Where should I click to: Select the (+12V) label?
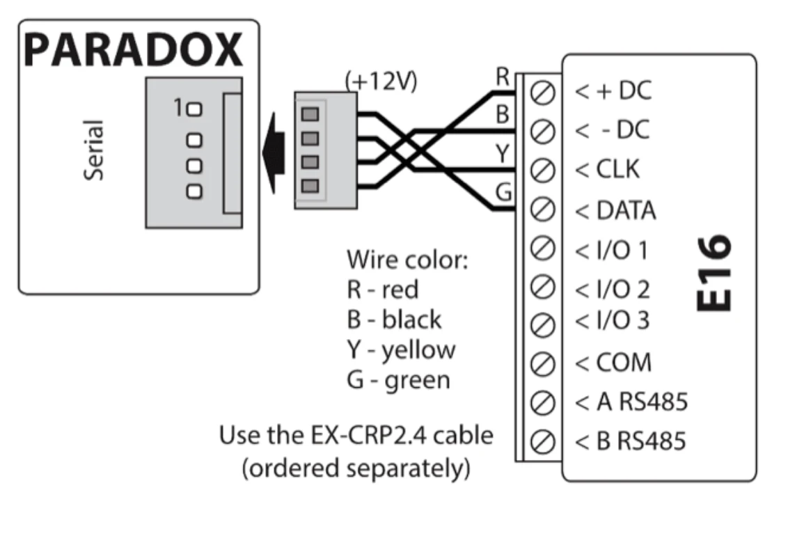[x=381, y=82]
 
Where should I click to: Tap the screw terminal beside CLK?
[x=542, y=169]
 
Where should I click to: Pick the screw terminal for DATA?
[x=542, y=207]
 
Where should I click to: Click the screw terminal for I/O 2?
[x=542, y=285]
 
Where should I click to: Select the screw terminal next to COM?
[x=542, y=363]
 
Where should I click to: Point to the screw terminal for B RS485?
[x=542, y=441]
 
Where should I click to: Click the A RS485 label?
[x=631, y=402]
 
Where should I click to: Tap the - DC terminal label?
[x=613, y=129]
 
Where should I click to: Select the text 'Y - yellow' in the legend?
[x=401, y=349]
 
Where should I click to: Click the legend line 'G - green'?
[x=398, y=379]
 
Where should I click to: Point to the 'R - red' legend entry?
[x=382, y=288]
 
